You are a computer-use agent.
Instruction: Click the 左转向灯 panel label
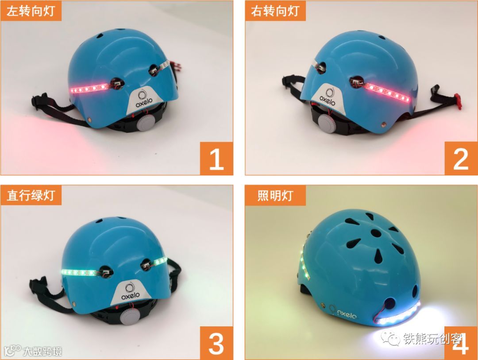31,11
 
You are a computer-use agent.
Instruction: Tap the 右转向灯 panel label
275,11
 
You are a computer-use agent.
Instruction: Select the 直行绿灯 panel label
31,195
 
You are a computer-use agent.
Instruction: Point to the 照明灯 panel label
275,195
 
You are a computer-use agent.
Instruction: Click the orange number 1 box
216,159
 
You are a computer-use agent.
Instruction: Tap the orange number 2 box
461,159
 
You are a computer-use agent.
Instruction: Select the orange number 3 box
216,343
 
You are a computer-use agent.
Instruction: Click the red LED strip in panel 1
89,88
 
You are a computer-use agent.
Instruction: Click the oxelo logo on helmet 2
328,97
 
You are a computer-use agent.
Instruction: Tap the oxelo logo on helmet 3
131,292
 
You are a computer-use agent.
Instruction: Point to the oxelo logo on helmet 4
343,312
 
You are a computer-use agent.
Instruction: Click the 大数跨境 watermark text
42,351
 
